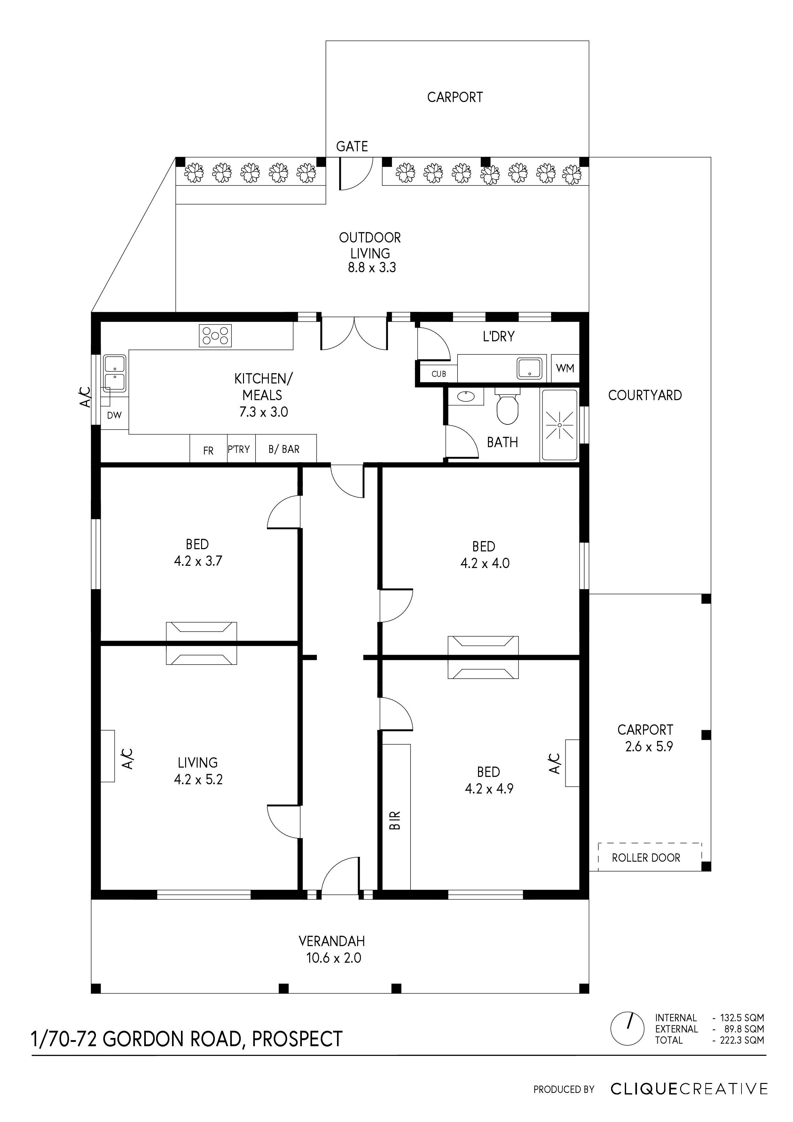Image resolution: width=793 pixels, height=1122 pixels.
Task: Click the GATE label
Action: point(352,146)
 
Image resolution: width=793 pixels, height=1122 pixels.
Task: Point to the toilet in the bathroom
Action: point(507,408)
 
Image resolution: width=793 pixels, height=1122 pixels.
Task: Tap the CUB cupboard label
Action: point(439,374)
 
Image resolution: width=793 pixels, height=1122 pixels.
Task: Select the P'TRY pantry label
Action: point(239,449)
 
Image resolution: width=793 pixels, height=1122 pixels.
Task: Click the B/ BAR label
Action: point(284,449)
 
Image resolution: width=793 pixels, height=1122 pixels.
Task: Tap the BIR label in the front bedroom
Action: point(396,820)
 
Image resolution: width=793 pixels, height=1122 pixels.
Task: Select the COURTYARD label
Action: point(645,395)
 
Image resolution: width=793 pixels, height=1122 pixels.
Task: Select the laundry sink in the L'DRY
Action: point(529,368)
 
